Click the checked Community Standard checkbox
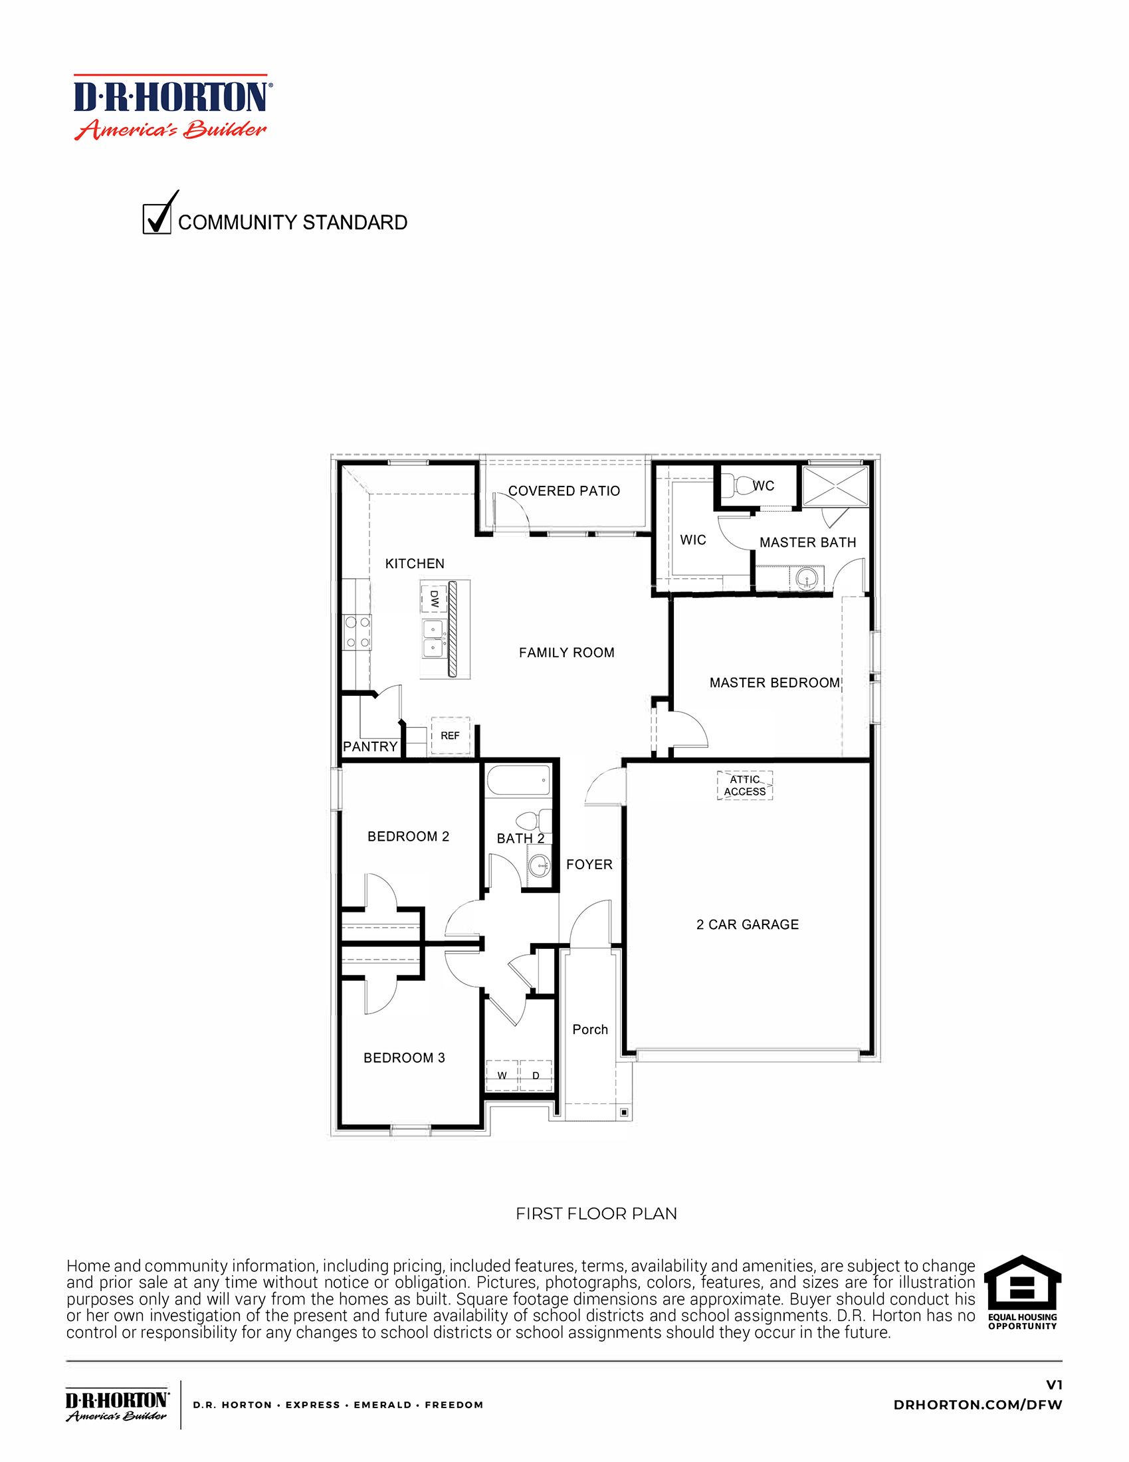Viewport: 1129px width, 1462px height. coord(157,219)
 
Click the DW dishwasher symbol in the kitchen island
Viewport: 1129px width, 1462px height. coord(434,597)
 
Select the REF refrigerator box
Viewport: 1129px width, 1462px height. coord(451,736)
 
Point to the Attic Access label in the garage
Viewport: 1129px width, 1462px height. coord(745,785)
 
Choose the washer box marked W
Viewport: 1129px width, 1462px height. coord(501,1076)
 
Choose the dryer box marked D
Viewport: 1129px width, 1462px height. coord(536,1076)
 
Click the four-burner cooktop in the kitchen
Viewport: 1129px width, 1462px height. coord(357,632)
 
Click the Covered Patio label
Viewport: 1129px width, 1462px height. coord(564,490)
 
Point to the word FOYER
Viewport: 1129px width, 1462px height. coord(589,864)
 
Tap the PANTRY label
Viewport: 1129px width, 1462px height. coord(370,746)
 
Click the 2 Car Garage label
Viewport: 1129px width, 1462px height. coord(748,924)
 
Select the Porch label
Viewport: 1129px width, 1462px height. coord(589,1029)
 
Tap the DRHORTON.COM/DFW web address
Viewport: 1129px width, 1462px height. coord(977,1405)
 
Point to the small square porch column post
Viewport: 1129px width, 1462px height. coord(624,1112)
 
